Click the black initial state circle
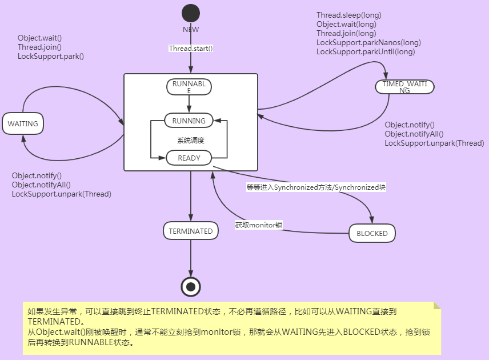[191, 13]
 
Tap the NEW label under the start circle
[191, 30]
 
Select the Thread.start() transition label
[191, 49]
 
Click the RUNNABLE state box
[189, 86]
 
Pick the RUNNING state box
[189, 121]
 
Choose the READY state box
[189, 158]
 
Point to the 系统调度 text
[191, 140]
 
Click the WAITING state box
[23, 123]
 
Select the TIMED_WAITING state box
[404, 86]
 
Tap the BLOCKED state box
[372, 233]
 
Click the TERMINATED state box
[191, 231]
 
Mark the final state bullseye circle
[191, 286]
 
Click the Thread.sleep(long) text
[348, 15]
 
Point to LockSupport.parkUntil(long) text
[366, 52]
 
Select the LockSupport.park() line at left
[51, 57]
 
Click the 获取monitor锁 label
[259, 225]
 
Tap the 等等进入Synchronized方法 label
[316, 187]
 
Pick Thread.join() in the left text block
[39, 47]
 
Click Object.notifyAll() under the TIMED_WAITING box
[413, 134]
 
